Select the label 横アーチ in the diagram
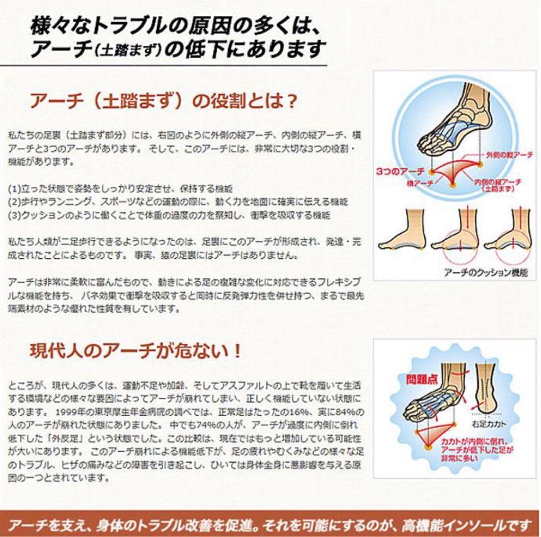coord(420,184)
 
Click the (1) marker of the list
coord(14,189)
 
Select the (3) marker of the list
coord(14,215)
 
